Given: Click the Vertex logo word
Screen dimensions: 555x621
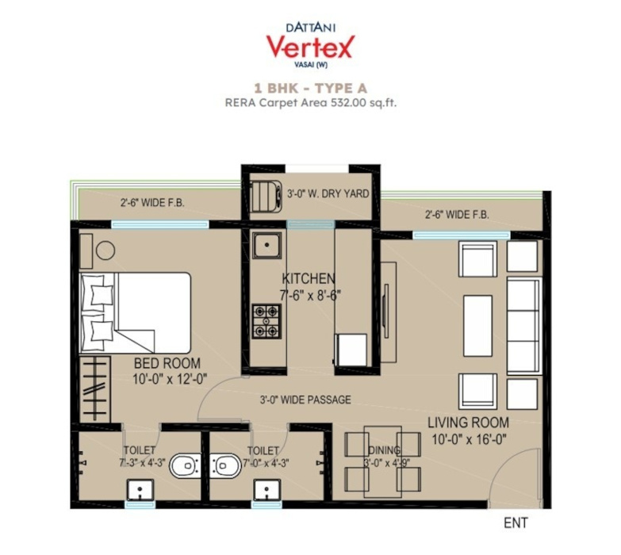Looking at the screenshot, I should point(310,46).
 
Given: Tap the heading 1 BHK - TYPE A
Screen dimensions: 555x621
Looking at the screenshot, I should point(310,88).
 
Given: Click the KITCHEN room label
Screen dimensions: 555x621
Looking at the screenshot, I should point(309,279).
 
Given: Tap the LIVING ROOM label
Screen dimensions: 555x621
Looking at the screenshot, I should point(469,422).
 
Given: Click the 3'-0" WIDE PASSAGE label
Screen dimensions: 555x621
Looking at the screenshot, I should point(305,400).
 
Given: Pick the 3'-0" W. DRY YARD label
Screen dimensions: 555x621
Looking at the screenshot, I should point(328,193).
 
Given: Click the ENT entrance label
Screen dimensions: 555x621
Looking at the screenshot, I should point(516,523).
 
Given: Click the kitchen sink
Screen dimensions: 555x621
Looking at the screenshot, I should point(266,246).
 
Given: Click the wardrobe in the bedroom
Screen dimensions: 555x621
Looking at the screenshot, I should point(96,392).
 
